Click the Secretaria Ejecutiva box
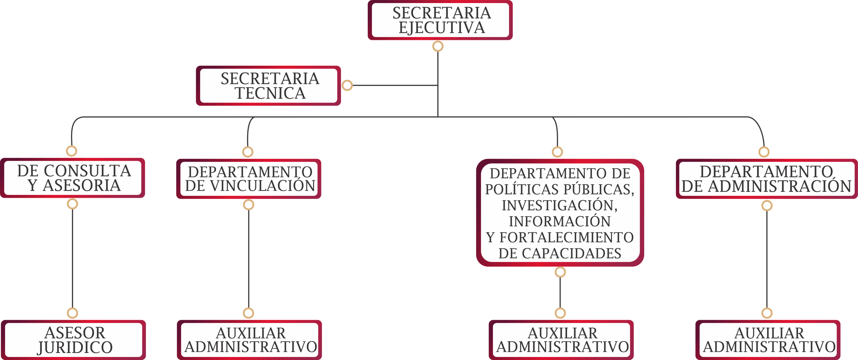coord(440,20)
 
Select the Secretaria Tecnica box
coord(268,86)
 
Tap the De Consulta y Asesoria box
coord(73,178)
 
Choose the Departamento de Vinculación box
coord(249,179)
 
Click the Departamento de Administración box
coord(767,179)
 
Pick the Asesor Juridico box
coord(73,340)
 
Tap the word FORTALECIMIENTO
coord(566,237)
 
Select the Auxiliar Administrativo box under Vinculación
coord(249,340)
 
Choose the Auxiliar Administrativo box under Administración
coord(768,340)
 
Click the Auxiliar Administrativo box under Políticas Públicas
coord(561,340)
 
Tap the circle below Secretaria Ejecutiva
coord(438,46)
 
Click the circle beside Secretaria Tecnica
coord(347,85)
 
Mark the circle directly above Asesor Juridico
coord(72,313)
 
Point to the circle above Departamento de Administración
coord(764,152)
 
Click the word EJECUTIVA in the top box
coord(442,27)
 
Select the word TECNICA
coord(270,93)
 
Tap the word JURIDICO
coord(75,348)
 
